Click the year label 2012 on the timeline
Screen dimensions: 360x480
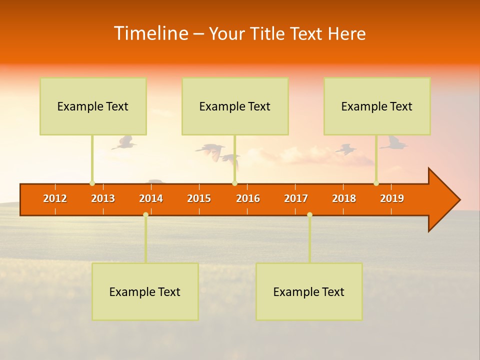coord(55,198)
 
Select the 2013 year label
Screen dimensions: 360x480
coord(103,198)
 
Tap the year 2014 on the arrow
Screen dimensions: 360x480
coord(151,198)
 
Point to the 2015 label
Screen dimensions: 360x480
coord(199,198)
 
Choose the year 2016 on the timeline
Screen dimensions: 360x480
coord(248,198)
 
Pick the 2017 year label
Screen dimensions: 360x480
coord(296,198)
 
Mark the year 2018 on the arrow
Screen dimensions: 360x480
coord(344,198)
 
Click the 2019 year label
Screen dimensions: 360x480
coord(392,198)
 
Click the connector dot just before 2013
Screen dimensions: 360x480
coord(92,183)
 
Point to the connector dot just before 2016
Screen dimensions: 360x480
coord(234,183)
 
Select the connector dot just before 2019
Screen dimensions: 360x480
coord(376,183)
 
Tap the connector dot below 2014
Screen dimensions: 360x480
coord(145,214)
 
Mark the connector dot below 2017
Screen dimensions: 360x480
coord(309,214)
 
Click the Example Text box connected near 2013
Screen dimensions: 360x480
coord(93,106)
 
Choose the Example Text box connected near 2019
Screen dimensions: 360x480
coord(377,106)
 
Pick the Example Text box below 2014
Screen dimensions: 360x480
coord(145,291)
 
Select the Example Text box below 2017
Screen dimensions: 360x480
coord(309,291)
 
